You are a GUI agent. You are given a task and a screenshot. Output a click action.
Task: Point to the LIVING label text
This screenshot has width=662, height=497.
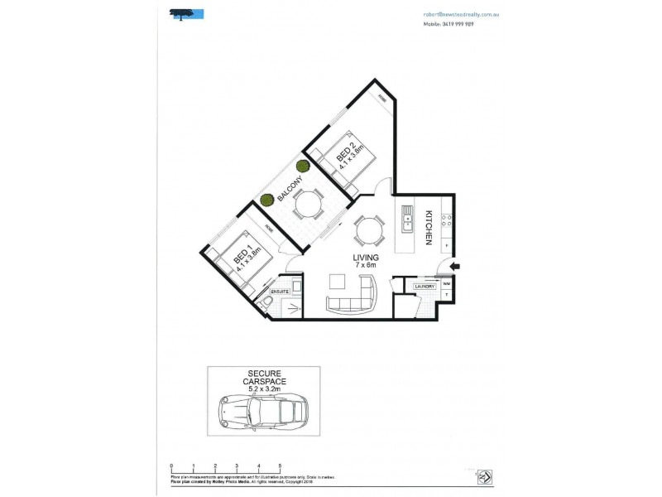[x=363, y=258]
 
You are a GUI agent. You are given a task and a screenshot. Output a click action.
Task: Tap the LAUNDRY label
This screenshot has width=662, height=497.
[x=425, y=287]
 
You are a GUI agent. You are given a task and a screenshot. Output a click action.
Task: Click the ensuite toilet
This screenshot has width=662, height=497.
[x=266, y=307]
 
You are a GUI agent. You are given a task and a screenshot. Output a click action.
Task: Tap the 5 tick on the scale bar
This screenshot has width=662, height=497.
[x=281, y=466]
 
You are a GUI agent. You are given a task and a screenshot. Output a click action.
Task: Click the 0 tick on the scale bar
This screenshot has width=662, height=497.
[x=171, y=466]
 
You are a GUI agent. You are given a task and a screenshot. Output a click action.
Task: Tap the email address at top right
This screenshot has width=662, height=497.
[x=459, y=15]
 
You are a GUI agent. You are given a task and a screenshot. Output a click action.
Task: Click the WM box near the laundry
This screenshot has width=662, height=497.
[x=447, y=282]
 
